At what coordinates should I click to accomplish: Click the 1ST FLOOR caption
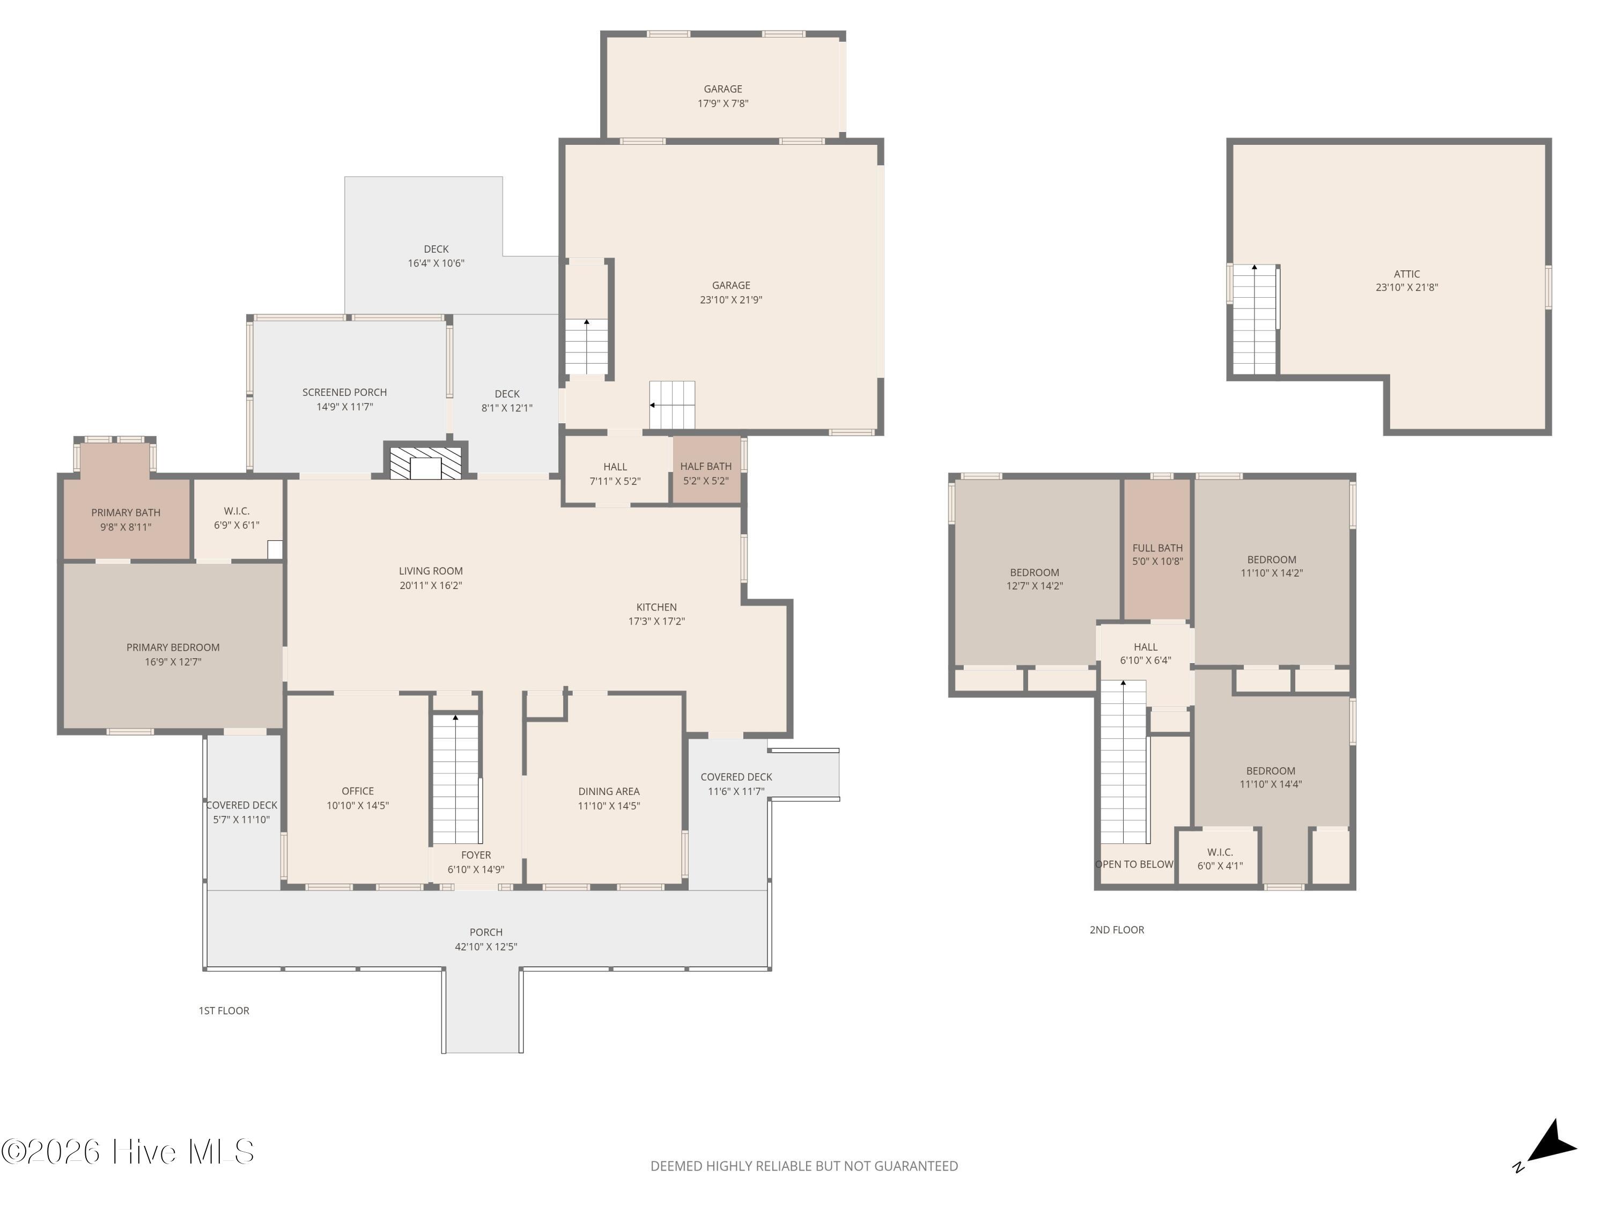pos(224,1011)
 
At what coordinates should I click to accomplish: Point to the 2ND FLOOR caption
pos(1117,930)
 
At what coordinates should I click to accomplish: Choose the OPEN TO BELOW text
pos(1134,864)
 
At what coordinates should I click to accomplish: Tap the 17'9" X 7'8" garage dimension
pos(723,104)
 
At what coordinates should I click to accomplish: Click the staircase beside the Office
pos(456,778)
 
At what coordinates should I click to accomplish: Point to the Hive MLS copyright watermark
pos(128,1152)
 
